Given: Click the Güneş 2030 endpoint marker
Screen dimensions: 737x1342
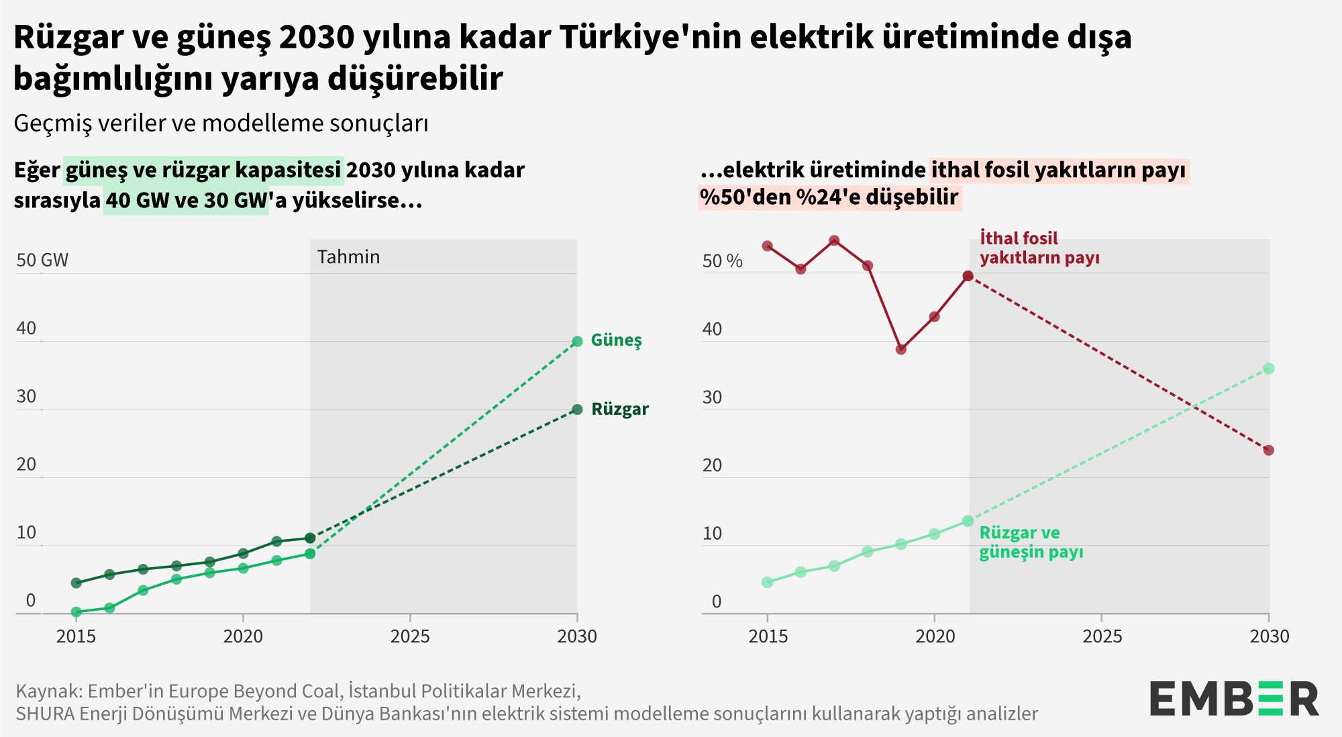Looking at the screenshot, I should (x=577, y=342).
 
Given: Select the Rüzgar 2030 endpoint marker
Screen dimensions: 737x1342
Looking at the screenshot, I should (x=577, y=409).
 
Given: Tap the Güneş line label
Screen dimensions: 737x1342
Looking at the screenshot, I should (x=616, y=340).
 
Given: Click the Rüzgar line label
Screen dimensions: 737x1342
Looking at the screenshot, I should (x=619, y=409).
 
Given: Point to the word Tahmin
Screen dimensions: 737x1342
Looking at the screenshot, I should (x=348, y=257).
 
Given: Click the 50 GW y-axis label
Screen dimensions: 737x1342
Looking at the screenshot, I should (x=42, y=260).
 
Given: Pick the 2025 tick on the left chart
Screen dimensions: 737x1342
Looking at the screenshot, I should (x=410, y=635).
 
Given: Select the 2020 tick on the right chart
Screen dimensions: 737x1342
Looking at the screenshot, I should (x=934, y=635).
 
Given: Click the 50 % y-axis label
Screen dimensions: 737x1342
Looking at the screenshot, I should (x=722, y=261).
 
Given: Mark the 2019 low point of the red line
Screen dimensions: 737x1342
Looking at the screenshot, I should (x=901, y=349).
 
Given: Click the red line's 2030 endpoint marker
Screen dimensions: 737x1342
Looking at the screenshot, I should (x=1268, y=450).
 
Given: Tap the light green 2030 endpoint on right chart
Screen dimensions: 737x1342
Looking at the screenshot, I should (x=1268, y=368).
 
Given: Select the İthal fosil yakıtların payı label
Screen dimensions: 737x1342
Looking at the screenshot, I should (x=1039, y=248).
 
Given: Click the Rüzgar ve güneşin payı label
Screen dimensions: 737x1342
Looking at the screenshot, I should (x=1031, y=542).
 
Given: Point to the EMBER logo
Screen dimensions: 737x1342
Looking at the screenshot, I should (x=1233, y=699).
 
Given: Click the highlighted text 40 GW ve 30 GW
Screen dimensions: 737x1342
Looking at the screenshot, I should (x=186, y=201).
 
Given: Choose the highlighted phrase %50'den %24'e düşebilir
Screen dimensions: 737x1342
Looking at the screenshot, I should (x=829, y=197).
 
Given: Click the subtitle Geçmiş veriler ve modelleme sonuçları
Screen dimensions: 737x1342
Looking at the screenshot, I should (x=221, y=124).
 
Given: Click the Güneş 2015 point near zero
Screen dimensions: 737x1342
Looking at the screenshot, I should (x=76, y=612).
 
